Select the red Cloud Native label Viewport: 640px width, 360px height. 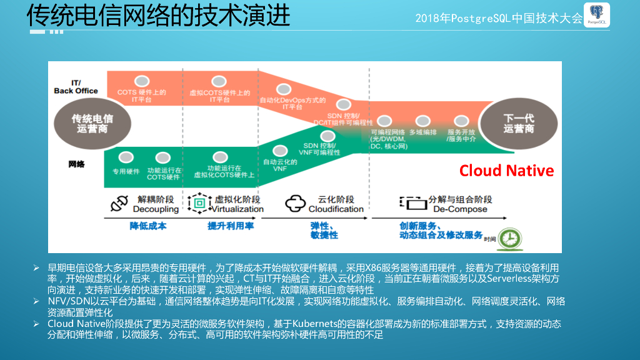click(506, 171)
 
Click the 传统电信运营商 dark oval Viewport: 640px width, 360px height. click(92, 123)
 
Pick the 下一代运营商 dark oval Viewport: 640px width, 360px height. click(519, 123)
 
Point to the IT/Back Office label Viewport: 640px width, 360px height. click(76, 86)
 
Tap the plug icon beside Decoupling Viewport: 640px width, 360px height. click(119, 204)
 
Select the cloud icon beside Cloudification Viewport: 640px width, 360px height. click(294, 204)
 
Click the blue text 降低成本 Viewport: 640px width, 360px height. click(148, 226)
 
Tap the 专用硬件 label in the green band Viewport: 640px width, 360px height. click(126, 171)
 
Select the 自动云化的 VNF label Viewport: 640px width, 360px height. click(275, 166)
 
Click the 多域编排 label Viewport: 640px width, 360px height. click(423, 132)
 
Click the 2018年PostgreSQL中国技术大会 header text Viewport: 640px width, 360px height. click(499, 18)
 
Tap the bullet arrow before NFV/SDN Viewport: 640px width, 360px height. click(36, 301)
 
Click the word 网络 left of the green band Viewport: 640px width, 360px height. click(77, 164)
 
